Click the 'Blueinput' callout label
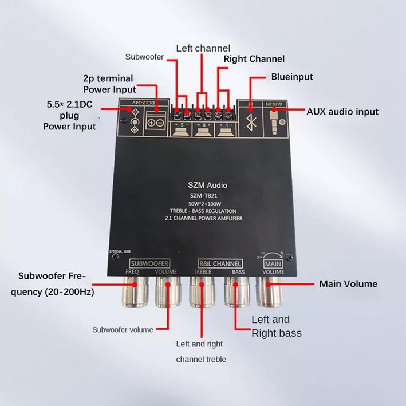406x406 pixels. tap(292, 76)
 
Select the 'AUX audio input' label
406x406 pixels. tap(342, 112)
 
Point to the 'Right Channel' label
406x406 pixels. tap(254, 59)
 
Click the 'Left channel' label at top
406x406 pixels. tap(203, 48)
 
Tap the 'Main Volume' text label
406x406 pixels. tap(348, 283)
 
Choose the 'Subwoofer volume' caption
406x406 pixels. tap(123, 329)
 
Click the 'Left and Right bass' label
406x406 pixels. tap(277, 326)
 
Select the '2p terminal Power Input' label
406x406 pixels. tap(109, 84)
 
